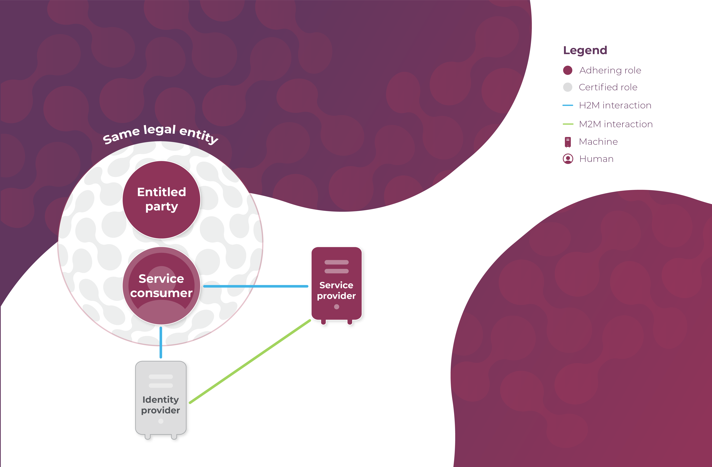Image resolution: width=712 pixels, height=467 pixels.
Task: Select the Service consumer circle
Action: click(x=162, y=286)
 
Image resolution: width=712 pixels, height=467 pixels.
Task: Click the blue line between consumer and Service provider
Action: click(x=256, y=286)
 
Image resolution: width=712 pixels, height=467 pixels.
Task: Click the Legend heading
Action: click(x=585, y=50)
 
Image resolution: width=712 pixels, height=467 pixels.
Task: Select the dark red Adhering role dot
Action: click(x=567, y=70)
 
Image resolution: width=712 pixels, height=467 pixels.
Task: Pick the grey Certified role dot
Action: click(x=567, y=87)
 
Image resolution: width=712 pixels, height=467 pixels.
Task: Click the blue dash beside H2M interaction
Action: click(x=567, y=105)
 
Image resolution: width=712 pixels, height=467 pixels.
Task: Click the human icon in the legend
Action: click(x=568, y=159)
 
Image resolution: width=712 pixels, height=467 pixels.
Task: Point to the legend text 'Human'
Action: click(x=596, y=159)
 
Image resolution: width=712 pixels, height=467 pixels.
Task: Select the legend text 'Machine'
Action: click(x=598, y=141)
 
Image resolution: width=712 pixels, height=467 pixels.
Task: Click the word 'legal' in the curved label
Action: click(x=159, y=130)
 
